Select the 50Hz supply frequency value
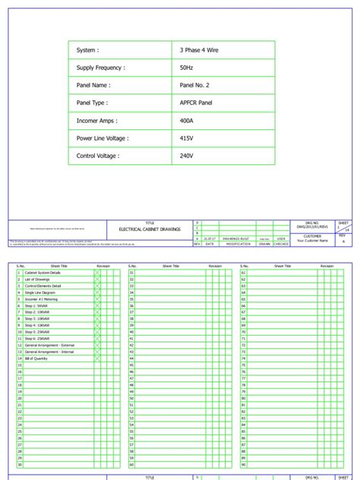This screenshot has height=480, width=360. tap(187, 68)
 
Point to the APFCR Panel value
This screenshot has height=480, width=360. tap(196, 103)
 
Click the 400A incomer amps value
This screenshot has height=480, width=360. tap(187, 121)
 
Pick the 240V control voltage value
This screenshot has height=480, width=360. tap(187, 156)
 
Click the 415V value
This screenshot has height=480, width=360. tap(187, 138)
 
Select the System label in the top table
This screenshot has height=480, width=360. tap(87, 50)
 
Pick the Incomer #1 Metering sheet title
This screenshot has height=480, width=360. tap(43, 299)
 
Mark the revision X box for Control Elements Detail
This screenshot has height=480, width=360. tap(97, 286)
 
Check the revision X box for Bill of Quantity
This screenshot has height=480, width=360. tap(97, 358)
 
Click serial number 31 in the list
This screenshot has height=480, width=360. tap(131, 272)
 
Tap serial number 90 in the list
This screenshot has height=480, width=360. tap(244, 465)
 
